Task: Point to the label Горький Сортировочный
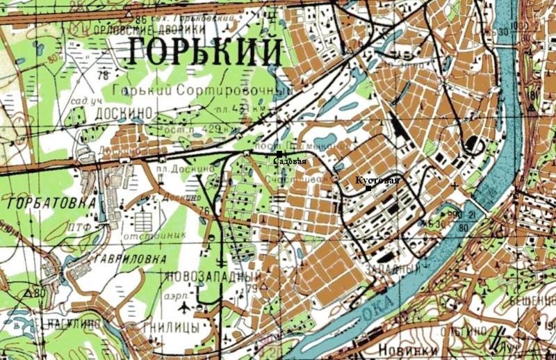click(194, 90)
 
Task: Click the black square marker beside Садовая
click(279, 154)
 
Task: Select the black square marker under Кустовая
click(368, 188)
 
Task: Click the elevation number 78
click(105, 75)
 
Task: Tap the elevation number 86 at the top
click(142, 18)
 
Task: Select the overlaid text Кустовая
click(377, 181)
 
